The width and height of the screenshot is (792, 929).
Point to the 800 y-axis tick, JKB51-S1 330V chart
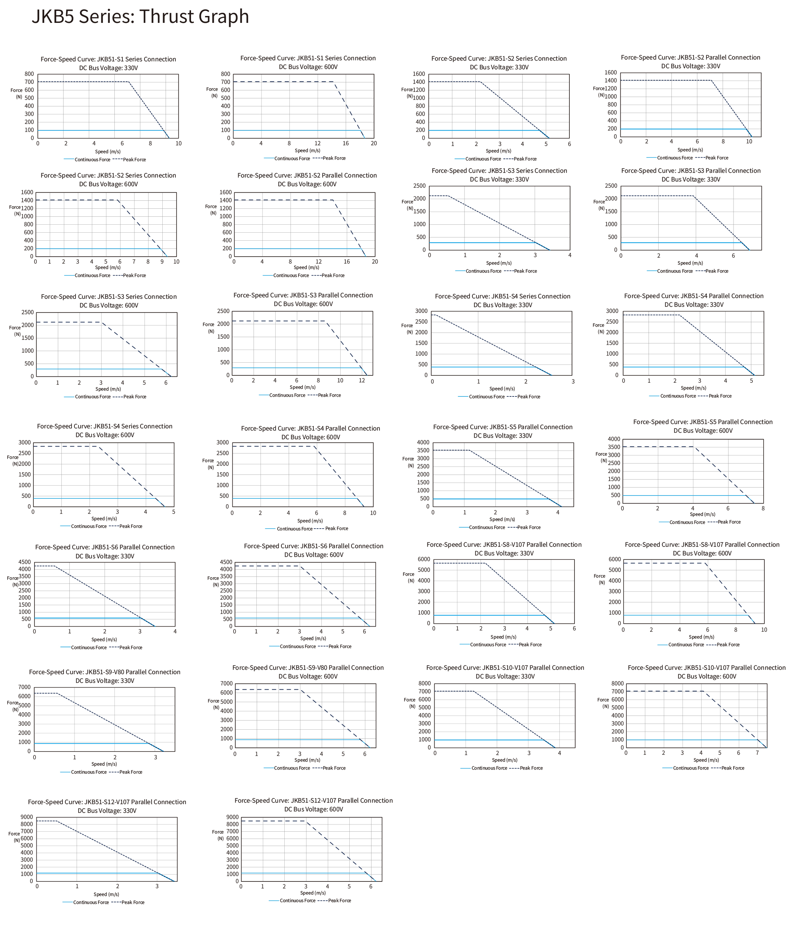[x=29, y=74]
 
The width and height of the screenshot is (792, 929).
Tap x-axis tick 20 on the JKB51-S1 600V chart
[x=374, y=143]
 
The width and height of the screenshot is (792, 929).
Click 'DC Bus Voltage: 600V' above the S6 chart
[x=313, y=555]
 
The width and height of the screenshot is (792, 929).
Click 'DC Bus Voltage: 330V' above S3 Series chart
[x=499, y=179]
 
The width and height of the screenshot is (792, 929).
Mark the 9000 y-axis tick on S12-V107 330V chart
[x=27, y=817]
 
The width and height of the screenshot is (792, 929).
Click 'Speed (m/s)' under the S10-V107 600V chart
[x=706, y=760]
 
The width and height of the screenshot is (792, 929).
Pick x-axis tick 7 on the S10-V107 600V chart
[x=757, y=753]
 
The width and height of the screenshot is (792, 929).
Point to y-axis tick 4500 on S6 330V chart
[x=25, y=562]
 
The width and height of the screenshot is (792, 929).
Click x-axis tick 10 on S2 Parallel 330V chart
[x=749, y=142]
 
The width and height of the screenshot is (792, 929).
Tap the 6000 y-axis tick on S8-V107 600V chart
[x=615, y=559]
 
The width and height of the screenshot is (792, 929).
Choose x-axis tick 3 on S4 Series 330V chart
[x=573, y=382]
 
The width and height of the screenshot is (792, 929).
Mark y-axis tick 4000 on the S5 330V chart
[x=423, y=443]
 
